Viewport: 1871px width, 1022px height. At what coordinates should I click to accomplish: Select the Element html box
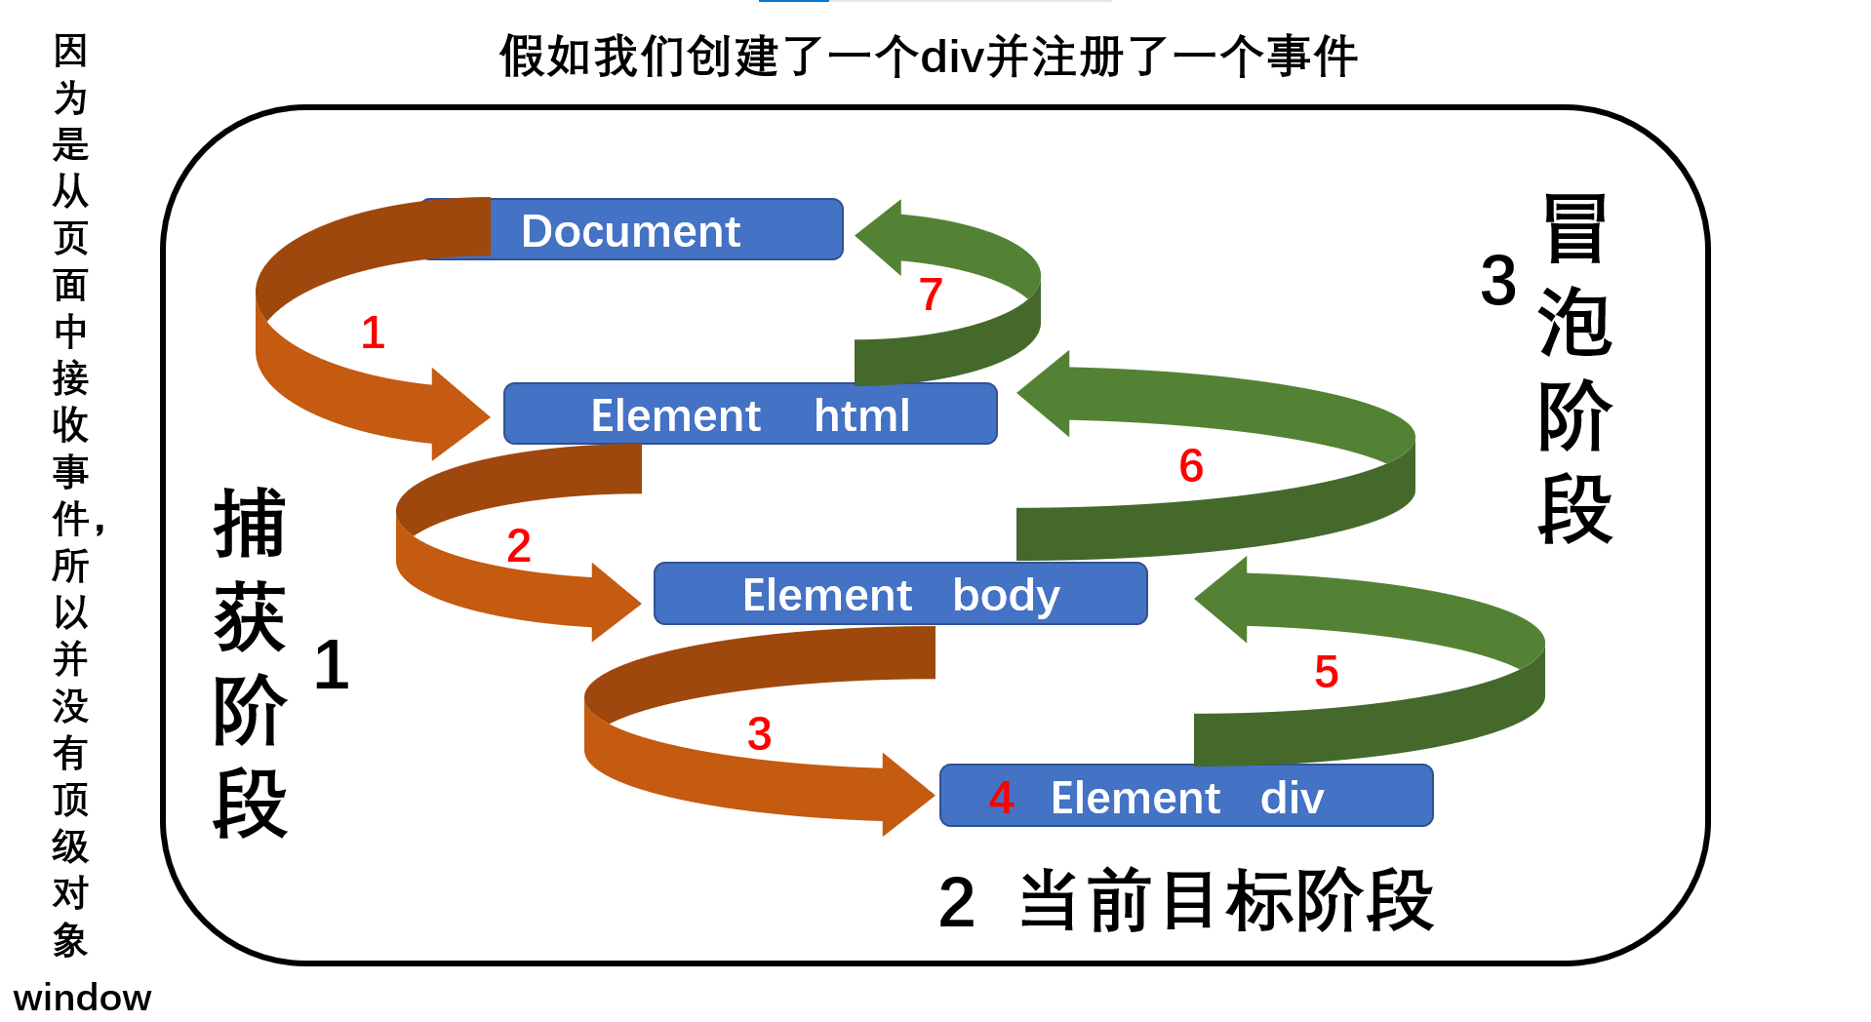pos(749,414)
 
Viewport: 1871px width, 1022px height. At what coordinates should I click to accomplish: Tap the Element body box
pos(899,594)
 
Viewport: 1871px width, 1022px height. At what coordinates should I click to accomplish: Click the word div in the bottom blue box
pos(1292,798)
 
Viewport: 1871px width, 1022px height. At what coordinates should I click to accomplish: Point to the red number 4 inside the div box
pos(1002,798)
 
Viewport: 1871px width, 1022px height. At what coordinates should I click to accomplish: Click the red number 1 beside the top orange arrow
pos(373,333)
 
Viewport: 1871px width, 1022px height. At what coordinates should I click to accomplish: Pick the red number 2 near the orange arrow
pos(519,545)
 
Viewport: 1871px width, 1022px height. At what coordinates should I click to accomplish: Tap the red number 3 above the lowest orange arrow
pos(759,733)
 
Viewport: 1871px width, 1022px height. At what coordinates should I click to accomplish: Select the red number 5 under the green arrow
pos(1326,671)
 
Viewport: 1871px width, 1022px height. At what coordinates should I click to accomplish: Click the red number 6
pos(1191,465)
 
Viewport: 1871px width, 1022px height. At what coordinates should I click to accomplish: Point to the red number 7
pos(931,294)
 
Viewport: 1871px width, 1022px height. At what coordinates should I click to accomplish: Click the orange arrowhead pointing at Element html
pos(457,414)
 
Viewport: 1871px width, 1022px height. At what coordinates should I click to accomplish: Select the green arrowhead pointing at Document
pos(882,237)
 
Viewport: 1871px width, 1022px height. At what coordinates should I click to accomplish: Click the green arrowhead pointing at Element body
pos(1224,599)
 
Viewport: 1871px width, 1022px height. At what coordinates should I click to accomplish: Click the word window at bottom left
pos(82,998)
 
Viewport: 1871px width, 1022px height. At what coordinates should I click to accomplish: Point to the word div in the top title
pos(950,57)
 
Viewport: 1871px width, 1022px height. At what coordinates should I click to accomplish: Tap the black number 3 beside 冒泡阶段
pos(1497,281)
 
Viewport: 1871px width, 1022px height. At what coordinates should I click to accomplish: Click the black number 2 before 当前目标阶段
pos(956,902)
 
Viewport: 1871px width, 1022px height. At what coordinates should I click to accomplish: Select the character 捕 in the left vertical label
pos(250,524)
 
